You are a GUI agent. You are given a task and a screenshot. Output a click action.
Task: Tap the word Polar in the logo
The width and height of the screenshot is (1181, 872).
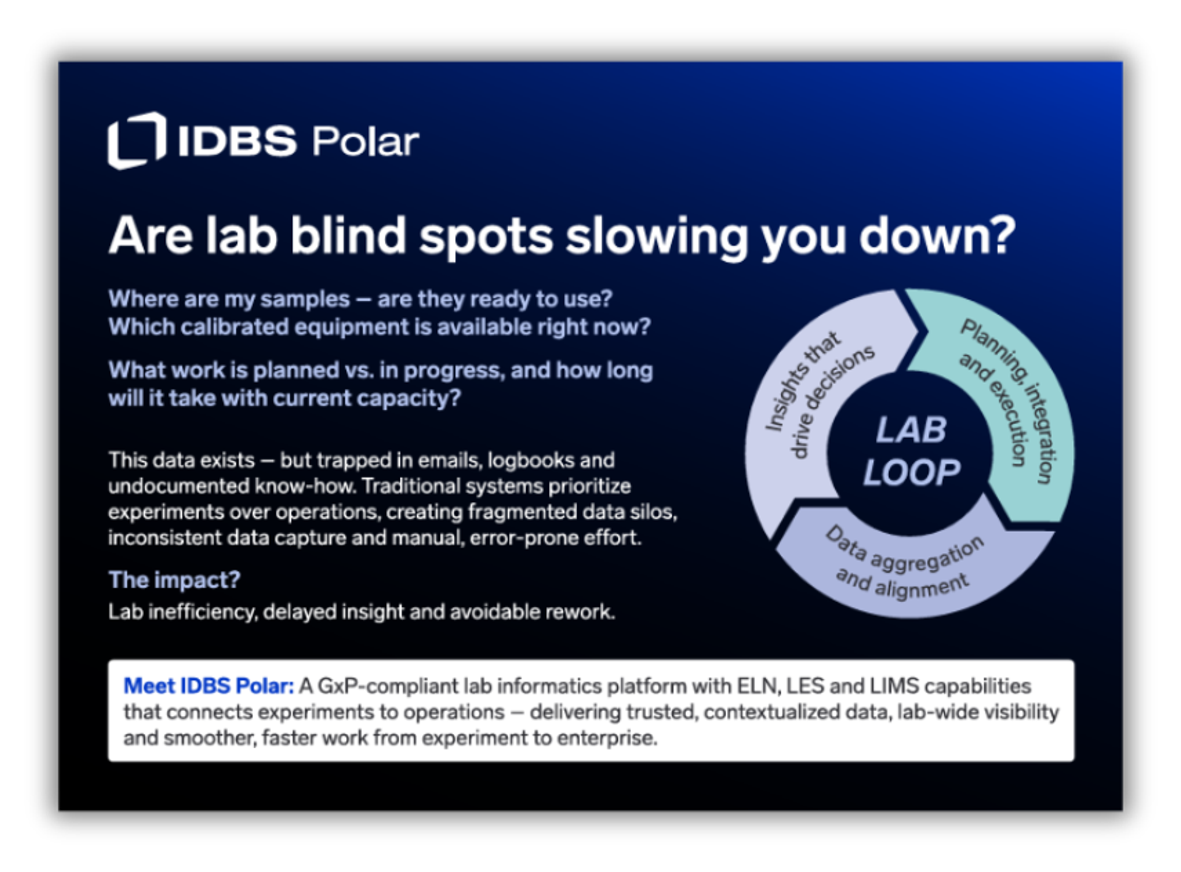click(x=366, y=141)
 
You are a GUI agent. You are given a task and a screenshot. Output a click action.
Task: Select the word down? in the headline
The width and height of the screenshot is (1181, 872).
click(x=938, y=235)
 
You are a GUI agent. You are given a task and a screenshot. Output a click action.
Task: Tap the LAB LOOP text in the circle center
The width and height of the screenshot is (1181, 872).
click(x=911, y=451)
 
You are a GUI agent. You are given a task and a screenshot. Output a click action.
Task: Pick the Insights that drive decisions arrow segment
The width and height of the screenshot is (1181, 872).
click(x=807, y=401)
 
